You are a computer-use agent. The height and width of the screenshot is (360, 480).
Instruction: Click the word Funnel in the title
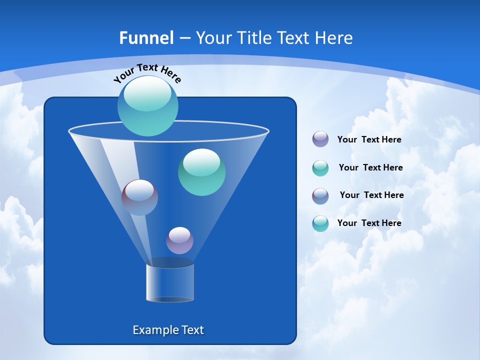146,38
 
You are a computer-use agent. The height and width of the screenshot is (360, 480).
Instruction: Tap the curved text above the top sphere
147,73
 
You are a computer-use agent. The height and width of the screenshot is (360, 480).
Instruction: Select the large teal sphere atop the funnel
148,106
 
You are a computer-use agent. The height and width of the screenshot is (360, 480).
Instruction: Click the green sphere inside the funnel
201,172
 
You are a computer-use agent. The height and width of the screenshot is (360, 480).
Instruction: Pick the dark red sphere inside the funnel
139,197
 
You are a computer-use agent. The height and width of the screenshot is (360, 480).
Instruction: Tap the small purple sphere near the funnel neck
179,240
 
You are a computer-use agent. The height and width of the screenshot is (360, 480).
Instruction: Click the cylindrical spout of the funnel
170,282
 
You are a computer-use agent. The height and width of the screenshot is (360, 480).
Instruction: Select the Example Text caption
168,330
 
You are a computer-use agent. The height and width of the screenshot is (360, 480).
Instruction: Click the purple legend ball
320,139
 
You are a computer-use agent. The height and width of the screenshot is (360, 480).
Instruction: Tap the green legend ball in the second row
320,168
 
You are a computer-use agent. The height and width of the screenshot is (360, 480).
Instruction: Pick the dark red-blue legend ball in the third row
320,196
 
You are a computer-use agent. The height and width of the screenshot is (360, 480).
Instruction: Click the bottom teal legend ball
320,223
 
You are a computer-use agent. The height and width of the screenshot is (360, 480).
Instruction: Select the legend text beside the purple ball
369,140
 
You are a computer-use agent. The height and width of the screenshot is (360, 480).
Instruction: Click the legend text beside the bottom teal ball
369,223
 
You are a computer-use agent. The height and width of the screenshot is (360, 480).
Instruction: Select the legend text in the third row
371,195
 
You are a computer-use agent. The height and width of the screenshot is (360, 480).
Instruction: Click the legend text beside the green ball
370,167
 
